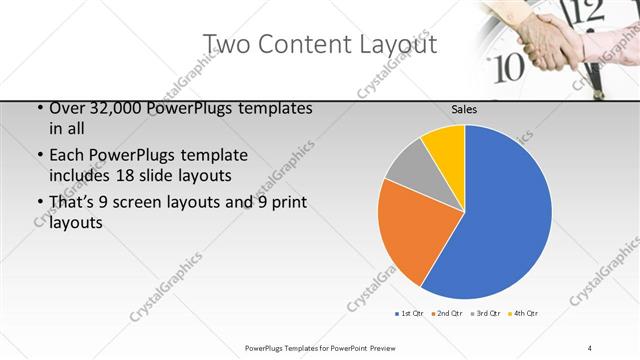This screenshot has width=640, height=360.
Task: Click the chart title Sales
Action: (x=464, y=109)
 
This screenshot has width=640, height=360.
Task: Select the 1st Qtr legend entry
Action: (x=407, y=314)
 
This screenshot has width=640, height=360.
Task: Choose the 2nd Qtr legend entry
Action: (x=446, y=314)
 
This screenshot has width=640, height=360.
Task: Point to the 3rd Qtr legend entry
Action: (x=485, y=314)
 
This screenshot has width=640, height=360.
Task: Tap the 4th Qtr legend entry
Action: (x=524, y=314)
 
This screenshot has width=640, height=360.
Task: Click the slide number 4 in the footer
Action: (x=589, y=347)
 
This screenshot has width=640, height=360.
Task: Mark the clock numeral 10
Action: (x=510, y=67)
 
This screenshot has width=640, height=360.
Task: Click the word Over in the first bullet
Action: (x=67, y=107)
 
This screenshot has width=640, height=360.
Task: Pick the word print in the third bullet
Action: (x=286, y=203)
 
